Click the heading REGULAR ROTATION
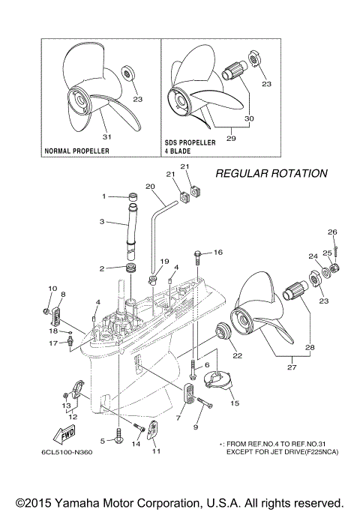[x=271, y=173]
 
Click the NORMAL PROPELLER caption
[x=77, y=151]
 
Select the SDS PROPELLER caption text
[x=190, y=142]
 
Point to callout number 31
[x=106, y=136]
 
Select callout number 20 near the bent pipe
[x=150, y=186]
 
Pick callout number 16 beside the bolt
[x=218, y=253]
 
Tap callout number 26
[x=333, y=232]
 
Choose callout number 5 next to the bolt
[x=103, y=441]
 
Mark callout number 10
[x=52, y=288]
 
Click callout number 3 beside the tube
[x=103, y=222]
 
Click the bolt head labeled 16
[x=198, y=253]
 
